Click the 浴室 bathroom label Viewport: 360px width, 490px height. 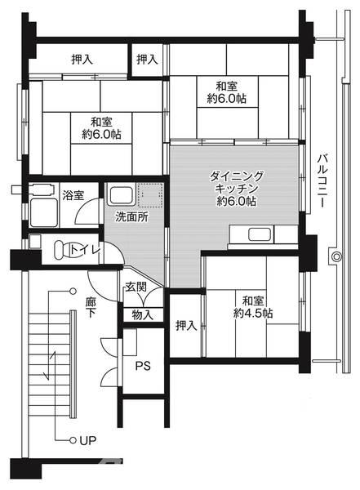73,195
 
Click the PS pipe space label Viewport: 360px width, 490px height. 143,366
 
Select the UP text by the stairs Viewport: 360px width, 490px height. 87,441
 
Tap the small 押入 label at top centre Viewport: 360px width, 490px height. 148,59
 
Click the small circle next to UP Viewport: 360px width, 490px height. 73,441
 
